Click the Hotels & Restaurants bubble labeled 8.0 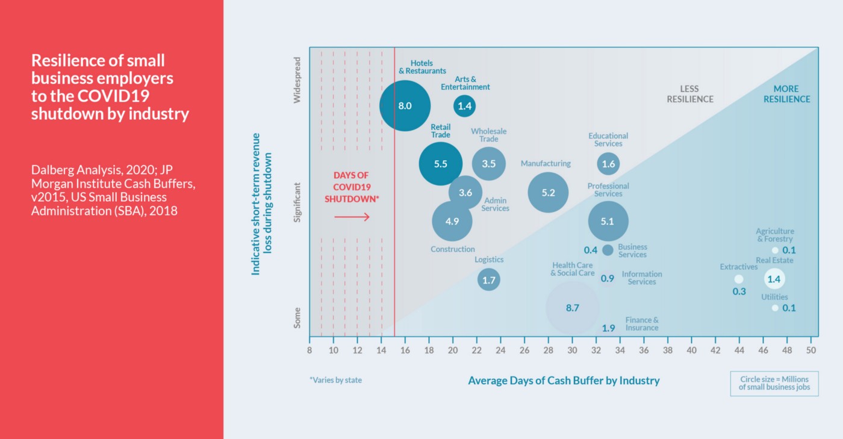[x=405, y=105]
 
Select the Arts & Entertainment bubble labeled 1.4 [x=464, y=106]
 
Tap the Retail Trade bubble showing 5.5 [x=441, y=163]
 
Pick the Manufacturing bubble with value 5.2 [x=548, y=193]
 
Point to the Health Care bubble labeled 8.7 [x=572, y=308]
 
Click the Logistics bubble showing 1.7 [x=489, y=279]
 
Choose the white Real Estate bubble [x=774, y=279]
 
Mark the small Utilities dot [x=775, y=308]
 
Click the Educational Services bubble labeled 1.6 [x=608, y=163]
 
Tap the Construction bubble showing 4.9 [x=452, y=221]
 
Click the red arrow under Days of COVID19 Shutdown [x=352, y=217]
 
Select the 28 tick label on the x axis [x=548, y=349]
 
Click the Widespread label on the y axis [x=297, y=89]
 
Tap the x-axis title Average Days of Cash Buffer [x=564, y=381]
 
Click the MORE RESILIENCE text [x=786, y=94]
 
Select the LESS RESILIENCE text [x=689, y=94]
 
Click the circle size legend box [x=774, y=383]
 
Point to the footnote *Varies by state [x=336, y=381]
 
